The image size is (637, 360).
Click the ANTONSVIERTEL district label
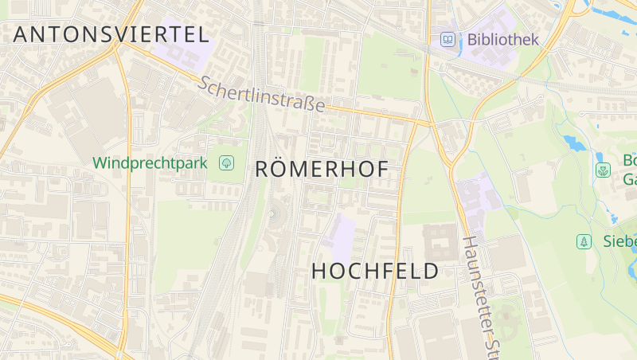111,34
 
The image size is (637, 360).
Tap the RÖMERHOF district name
322,170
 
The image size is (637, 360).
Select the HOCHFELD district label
374,271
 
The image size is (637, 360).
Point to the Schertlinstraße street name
262,94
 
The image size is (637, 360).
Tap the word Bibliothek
503,39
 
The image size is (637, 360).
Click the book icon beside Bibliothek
448,39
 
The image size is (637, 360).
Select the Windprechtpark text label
150,163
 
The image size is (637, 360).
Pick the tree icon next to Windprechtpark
227,163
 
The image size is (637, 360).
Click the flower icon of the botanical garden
603,170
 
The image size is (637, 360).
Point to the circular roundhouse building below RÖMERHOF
276,213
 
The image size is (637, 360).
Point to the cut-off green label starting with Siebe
619,241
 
